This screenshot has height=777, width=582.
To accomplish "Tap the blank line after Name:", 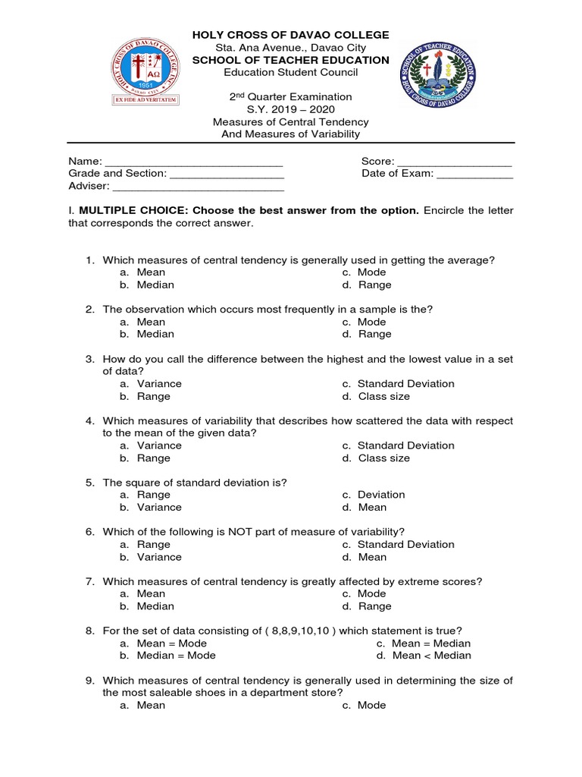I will tap(193, 162).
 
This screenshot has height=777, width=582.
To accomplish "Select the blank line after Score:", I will tap(455, 162).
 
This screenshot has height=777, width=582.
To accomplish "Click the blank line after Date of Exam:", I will tap(475, 174).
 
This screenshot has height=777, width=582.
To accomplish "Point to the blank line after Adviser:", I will tap(198, 187).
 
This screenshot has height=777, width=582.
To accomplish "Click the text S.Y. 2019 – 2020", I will tap(291, 109).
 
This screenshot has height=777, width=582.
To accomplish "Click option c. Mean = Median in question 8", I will tap(430, 643).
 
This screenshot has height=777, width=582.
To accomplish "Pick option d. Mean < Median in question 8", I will tap(430, 656).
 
